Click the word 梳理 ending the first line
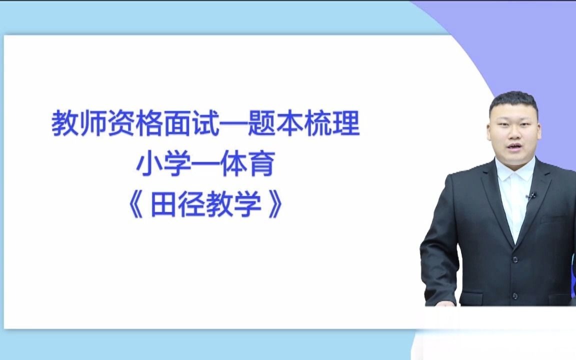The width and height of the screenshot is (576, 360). coord(332,124)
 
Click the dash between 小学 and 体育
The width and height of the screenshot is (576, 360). coord(206,165)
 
